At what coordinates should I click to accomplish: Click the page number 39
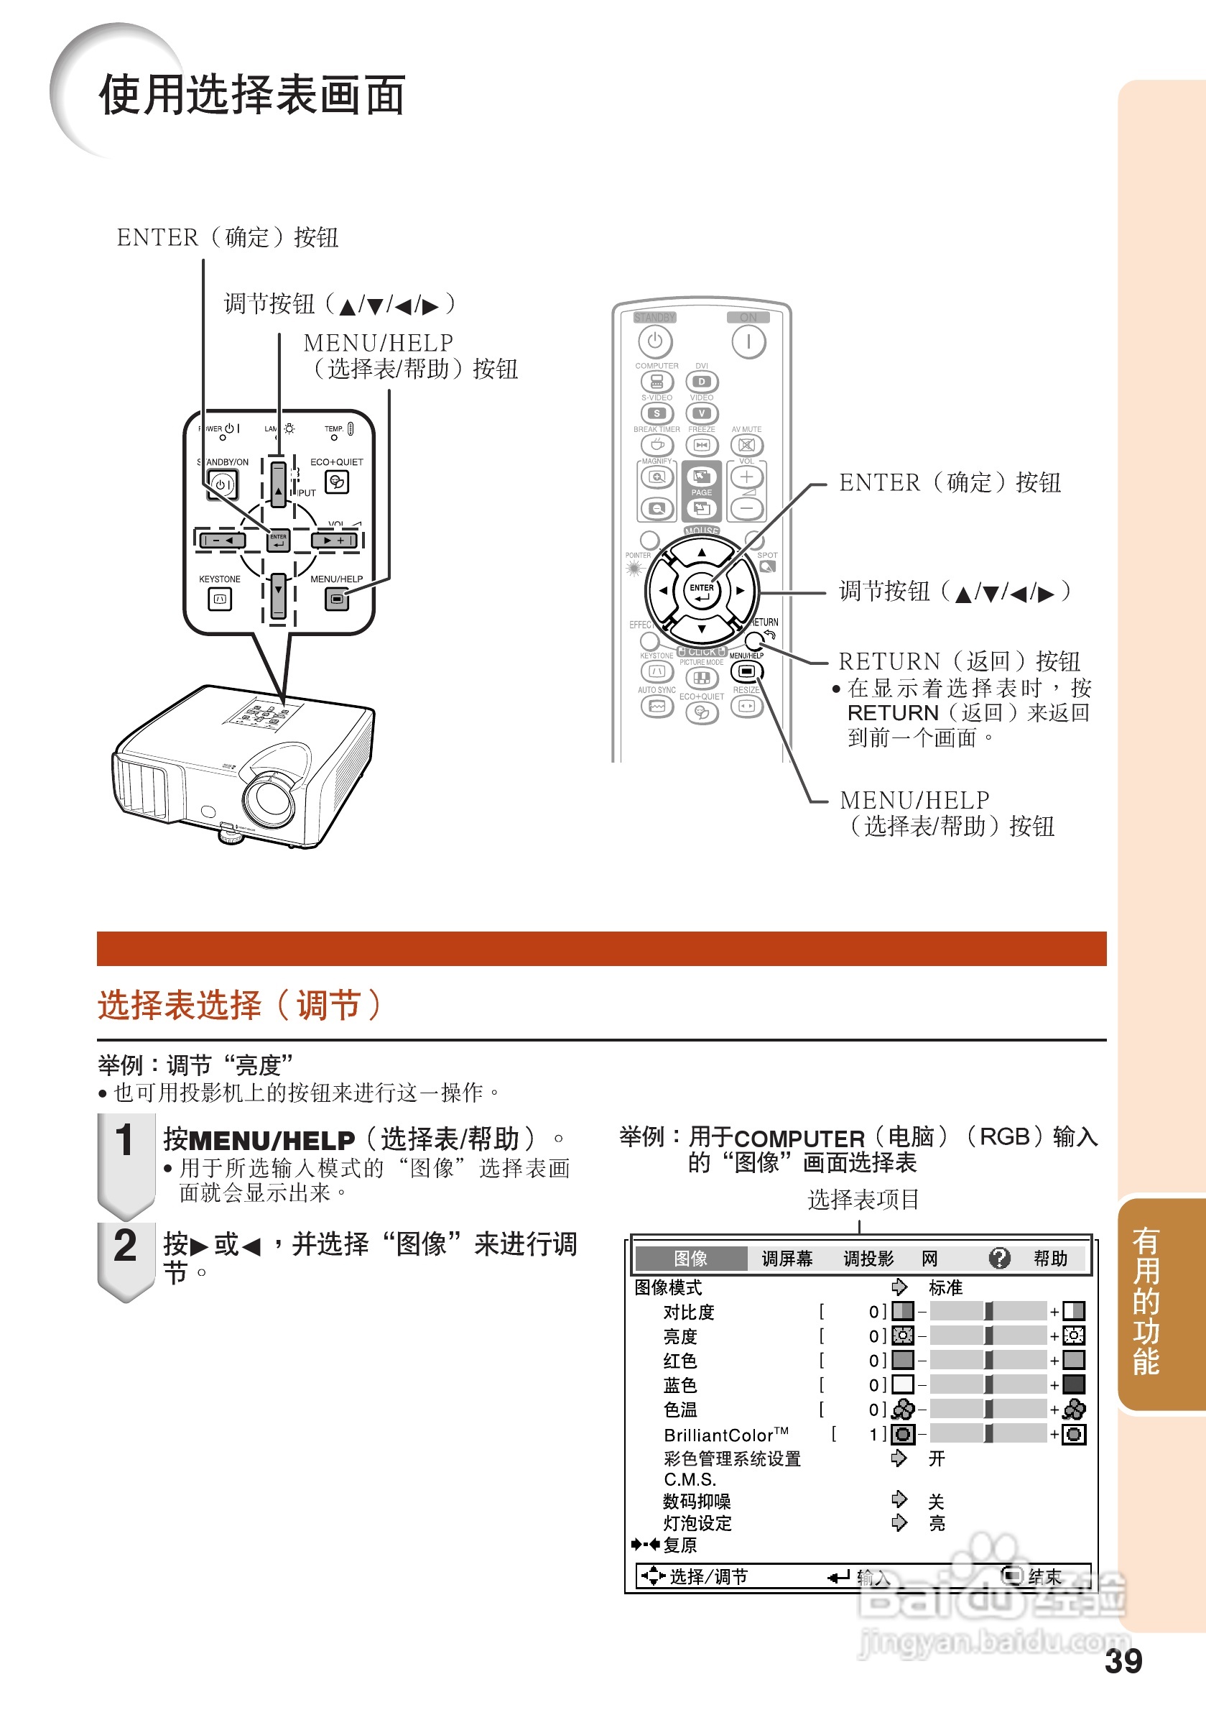coord(1123,1662)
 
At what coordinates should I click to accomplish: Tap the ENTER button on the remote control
coord(701,591)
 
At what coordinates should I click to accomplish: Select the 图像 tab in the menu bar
coord(690,1258)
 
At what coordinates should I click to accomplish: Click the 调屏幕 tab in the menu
coord(786,1258)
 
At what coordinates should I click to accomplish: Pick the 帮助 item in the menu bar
coord(1049,1258)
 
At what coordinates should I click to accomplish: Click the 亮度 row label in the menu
coord(679,1336)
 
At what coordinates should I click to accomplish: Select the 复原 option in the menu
coord(679,1545)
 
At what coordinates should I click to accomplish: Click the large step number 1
coord(124,1141)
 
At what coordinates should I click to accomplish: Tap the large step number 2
coord(124,1246)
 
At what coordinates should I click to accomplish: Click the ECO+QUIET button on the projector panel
coord(336,482)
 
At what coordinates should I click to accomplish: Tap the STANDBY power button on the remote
coord(654,341)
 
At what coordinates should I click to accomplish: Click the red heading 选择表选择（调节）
coord(240,1005)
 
